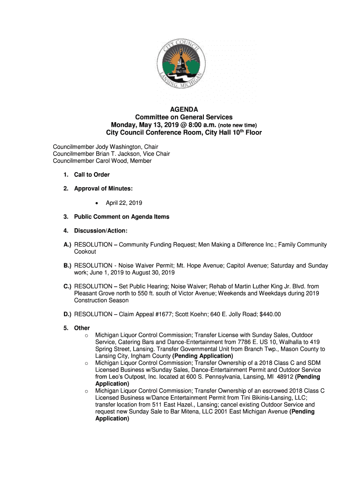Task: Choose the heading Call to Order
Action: pos(92,175)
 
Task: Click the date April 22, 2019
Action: pos(124,203)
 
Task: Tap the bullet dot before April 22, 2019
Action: pos(96,203)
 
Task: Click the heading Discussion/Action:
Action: pos(101,231)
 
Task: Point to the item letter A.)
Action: pos(67,245)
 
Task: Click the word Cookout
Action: pos(85,252)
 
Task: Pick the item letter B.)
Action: pos(67,266)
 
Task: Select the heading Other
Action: pos(82,328)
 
